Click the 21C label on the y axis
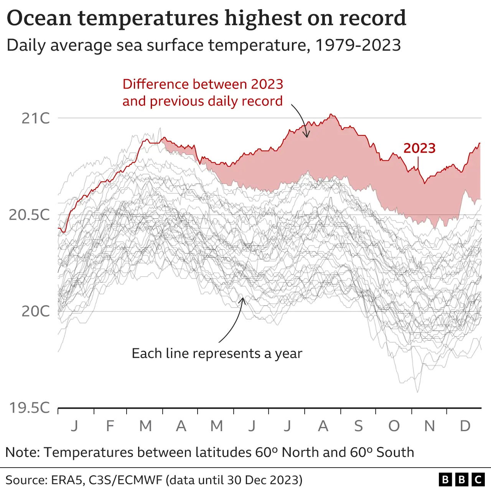(36, 118)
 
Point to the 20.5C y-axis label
(30, 215)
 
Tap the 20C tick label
(36, 311)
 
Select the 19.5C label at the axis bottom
(30, 407)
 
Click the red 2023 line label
(419, 148)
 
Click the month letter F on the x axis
(110, 426)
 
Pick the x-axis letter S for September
(358, 426)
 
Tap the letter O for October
(394, 426)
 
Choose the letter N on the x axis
(430, 426)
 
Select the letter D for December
(465, 426)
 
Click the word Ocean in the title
(39, 18)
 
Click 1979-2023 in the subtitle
(358, 45)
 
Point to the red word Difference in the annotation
(156, 84)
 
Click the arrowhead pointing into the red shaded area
(306, 135)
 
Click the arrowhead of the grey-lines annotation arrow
(242, 299)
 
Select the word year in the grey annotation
(288, 354)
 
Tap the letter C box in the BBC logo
(478, 479)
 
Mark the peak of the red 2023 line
(331, 114)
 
